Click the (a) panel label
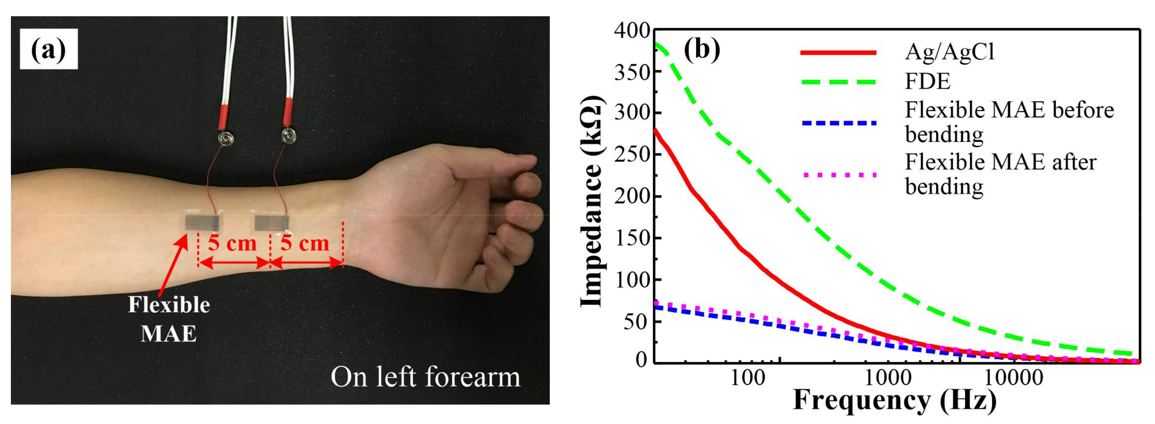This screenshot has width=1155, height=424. (48, 49)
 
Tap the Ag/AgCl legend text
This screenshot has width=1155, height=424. (950, 53)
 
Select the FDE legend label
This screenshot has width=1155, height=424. (928, 82)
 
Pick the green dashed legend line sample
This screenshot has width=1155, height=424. (838, 82)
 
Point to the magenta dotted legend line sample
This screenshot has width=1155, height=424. (838, 175)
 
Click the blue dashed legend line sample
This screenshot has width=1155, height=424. (838, 123)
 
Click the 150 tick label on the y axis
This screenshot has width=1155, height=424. (632, 238)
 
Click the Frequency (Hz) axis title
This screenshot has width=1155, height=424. (894, 401)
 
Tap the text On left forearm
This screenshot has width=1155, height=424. (425, 377)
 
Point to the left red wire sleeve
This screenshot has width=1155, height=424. (223, 115)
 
